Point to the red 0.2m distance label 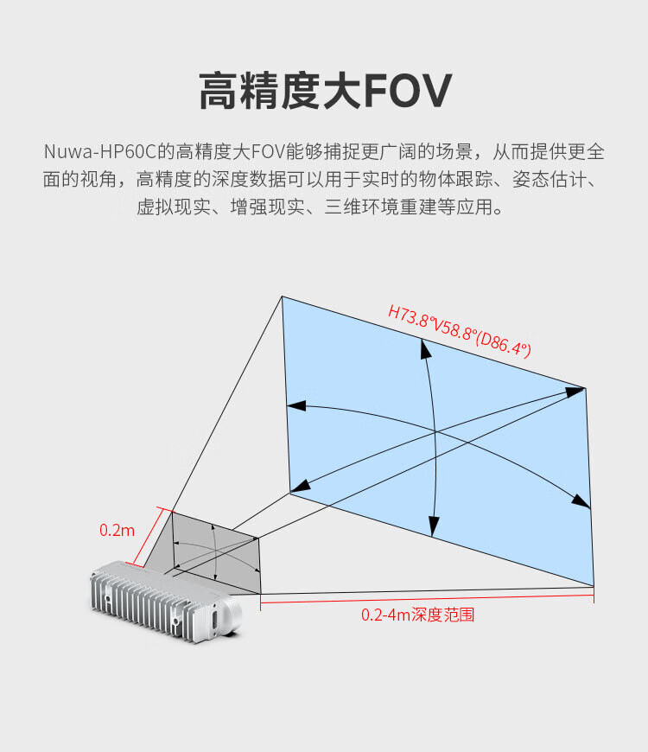[x=117, y=530]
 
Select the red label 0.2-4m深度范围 [x=417, y=615]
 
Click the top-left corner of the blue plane [x=283, y=297]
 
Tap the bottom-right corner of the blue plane [x=594, y=585]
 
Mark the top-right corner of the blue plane [x=585, y=388]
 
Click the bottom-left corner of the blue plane [x=289, y=494]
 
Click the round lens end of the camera [x=232, y=614]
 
